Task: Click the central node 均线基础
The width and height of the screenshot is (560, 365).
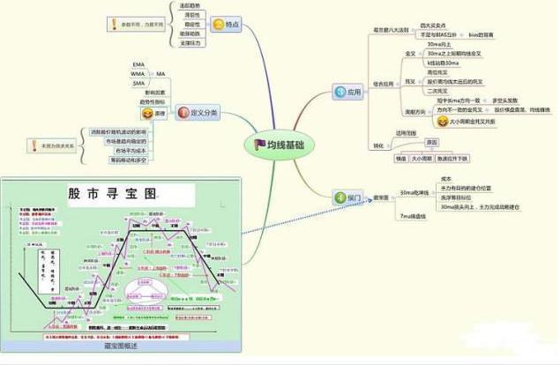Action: click(280, 144)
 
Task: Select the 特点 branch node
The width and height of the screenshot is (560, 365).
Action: click(228, 24)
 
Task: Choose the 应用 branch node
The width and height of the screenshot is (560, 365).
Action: click(349, 91)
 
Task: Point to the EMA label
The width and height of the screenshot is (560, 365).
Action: click(138, 64)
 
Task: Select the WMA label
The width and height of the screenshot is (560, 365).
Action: click(138, 73)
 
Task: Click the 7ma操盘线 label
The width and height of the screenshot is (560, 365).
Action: click(413, 215)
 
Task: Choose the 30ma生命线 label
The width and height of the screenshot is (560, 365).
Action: click(414, 191)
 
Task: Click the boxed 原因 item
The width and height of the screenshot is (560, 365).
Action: click(431, 142)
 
